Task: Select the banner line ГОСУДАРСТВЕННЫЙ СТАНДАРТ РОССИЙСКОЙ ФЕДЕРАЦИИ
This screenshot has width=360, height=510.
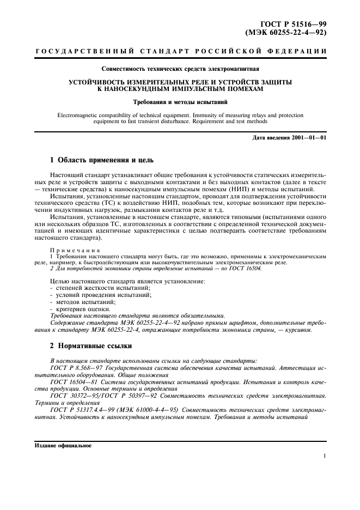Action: click(180, 52)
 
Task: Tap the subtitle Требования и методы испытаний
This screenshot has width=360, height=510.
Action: click(180, 101)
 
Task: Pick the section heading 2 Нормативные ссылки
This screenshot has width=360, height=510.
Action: click(89, 347)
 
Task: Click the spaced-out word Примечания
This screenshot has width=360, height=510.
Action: click(71, 249)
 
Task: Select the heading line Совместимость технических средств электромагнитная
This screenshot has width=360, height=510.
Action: click(180, 69)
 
